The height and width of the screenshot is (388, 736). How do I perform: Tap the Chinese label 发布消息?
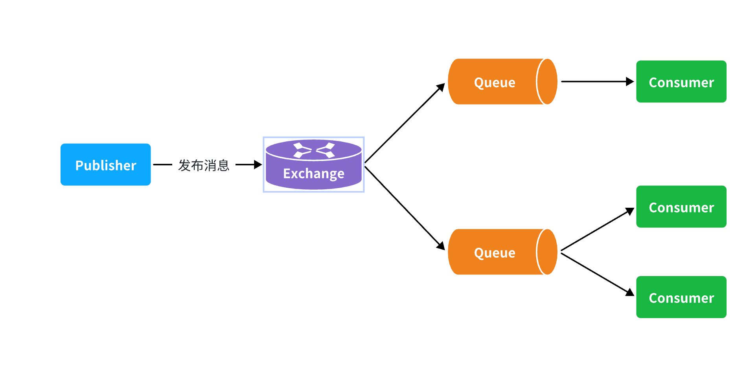204,165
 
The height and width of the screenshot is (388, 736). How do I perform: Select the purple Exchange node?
314,165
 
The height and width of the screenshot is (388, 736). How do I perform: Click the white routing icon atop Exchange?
314,150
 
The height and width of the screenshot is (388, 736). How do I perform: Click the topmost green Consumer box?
681,82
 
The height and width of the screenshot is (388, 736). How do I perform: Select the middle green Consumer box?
681,207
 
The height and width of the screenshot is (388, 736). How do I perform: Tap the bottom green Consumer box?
681,297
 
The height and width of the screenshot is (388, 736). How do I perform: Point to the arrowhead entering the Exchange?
258,165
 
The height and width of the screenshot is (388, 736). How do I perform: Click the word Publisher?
105,166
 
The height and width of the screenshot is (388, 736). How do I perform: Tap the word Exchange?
314,174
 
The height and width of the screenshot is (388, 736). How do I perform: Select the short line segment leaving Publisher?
162,165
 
